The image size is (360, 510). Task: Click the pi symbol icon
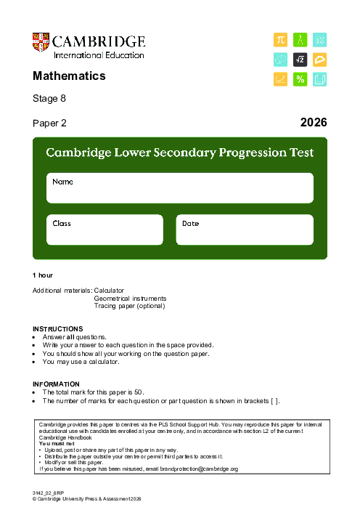pyautogui.click(x=280, y=40)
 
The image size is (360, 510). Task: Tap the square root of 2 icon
pyautogui.click(x=300, y=60)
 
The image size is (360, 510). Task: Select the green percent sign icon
pyautogui.click(x=300, y=79)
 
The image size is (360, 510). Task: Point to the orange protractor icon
pyautogui.click(x=319, y=60)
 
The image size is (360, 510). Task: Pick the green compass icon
pyautogui.click(x=300, y=40)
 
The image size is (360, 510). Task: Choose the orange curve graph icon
pyautogui.click(x=280, y=79)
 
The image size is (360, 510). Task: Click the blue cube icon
pyautogui.click(x=319, y=79)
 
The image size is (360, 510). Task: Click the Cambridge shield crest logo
pyautogui.click(x=41, y=42)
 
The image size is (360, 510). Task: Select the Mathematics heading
pyautogui.click(x=69, y=76)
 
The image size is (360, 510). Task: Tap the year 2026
pyautogui.click(x=314, y=123)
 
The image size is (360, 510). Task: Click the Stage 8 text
pyautogui.click(x=49, y=98)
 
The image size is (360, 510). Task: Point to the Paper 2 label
pyautogui.click(x=49, y=124)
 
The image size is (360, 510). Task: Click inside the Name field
pyautogui.click(x=180, y=189)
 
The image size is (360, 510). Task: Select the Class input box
pyautogui.click(x=105, y=230)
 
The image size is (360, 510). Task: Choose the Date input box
pyautogui.click(x=245, y=230)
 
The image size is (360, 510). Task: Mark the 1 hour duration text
pyautogui.click(x=43, y=275)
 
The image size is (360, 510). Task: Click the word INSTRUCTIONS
pyautogui.click(x=58, y=329)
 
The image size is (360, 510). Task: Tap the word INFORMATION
pyautogui.click(x=56, y=384)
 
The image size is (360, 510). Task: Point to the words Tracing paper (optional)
pyautogui.click(x=129, y=306)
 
